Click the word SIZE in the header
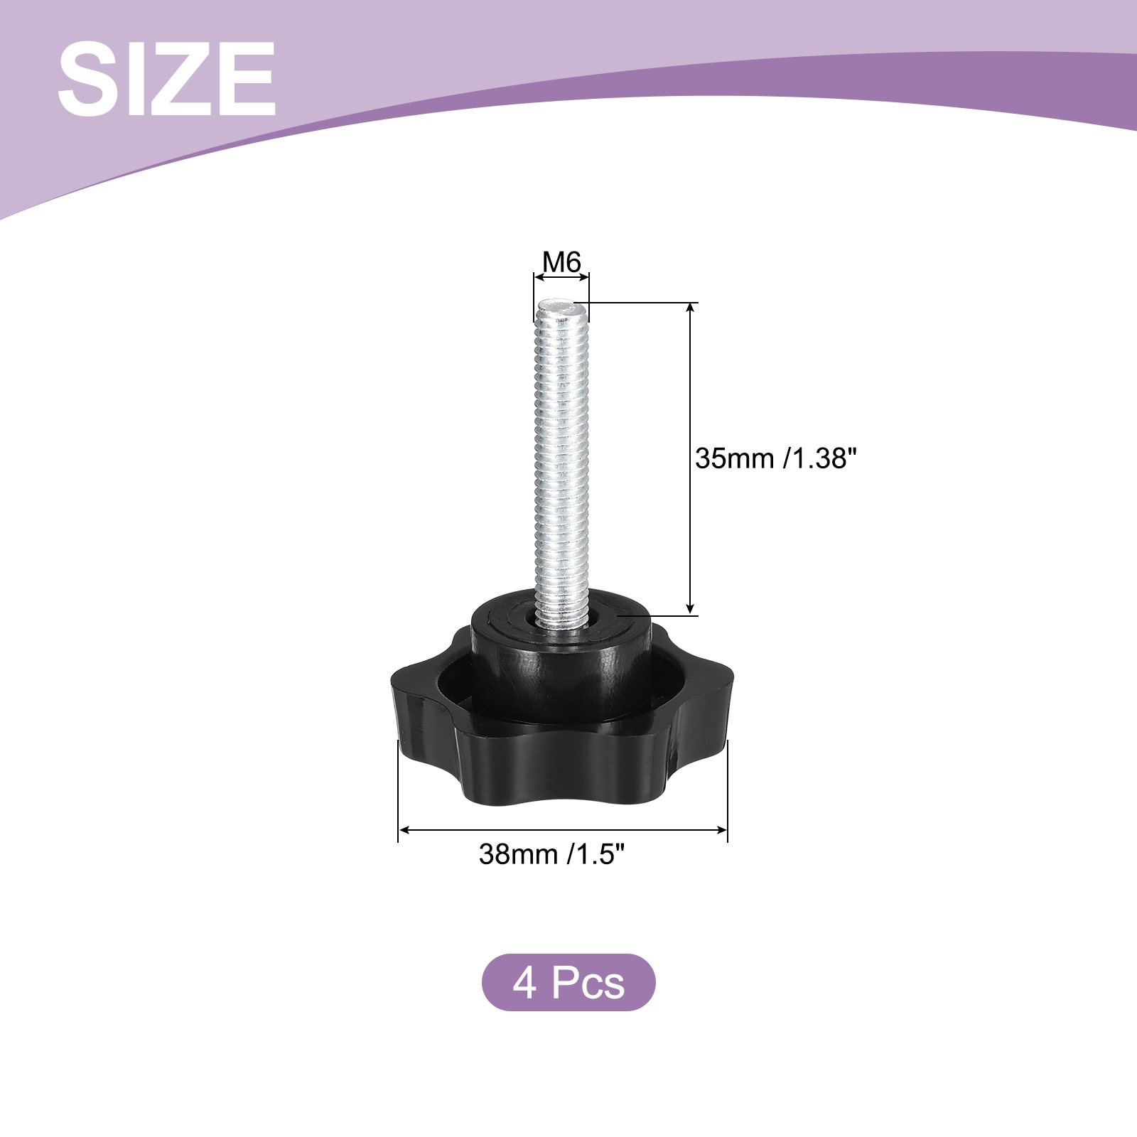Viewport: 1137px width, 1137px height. (166, 79)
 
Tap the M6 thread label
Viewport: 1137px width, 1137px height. (561, 263)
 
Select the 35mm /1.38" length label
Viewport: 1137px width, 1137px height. (772, 458)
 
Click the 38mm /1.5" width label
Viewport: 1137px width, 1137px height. (551, 853)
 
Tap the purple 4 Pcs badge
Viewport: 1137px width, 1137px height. (568, 982)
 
